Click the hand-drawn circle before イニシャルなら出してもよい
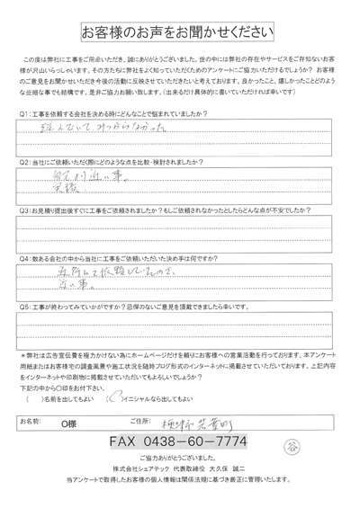pyautogui.click(x=111, y=397)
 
